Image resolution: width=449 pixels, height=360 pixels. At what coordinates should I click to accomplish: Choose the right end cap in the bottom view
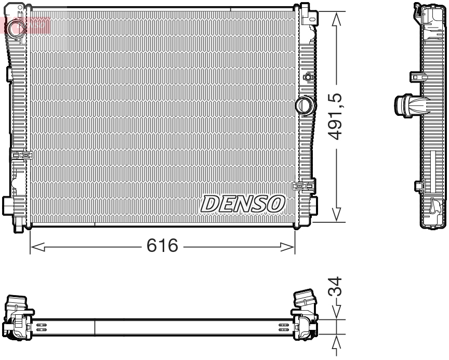(305, 318)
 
